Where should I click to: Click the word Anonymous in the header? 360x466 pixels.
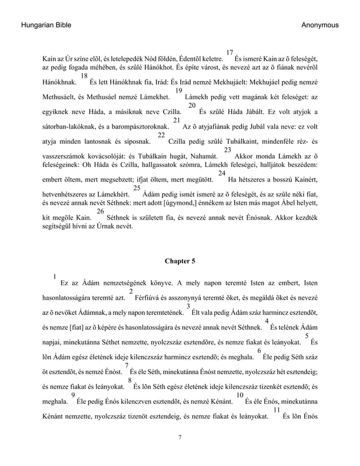[x=320, y=25]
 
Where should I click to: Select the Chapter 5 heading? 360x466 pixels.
[x=179, y=261]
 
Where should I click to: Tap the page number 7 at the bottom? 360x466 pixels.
[x=179, y=437]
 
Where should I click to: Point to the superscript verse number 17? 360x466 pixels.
[x=229, y=53]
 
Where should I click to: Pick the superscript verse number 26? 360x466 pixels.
[x=101, y=212]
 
